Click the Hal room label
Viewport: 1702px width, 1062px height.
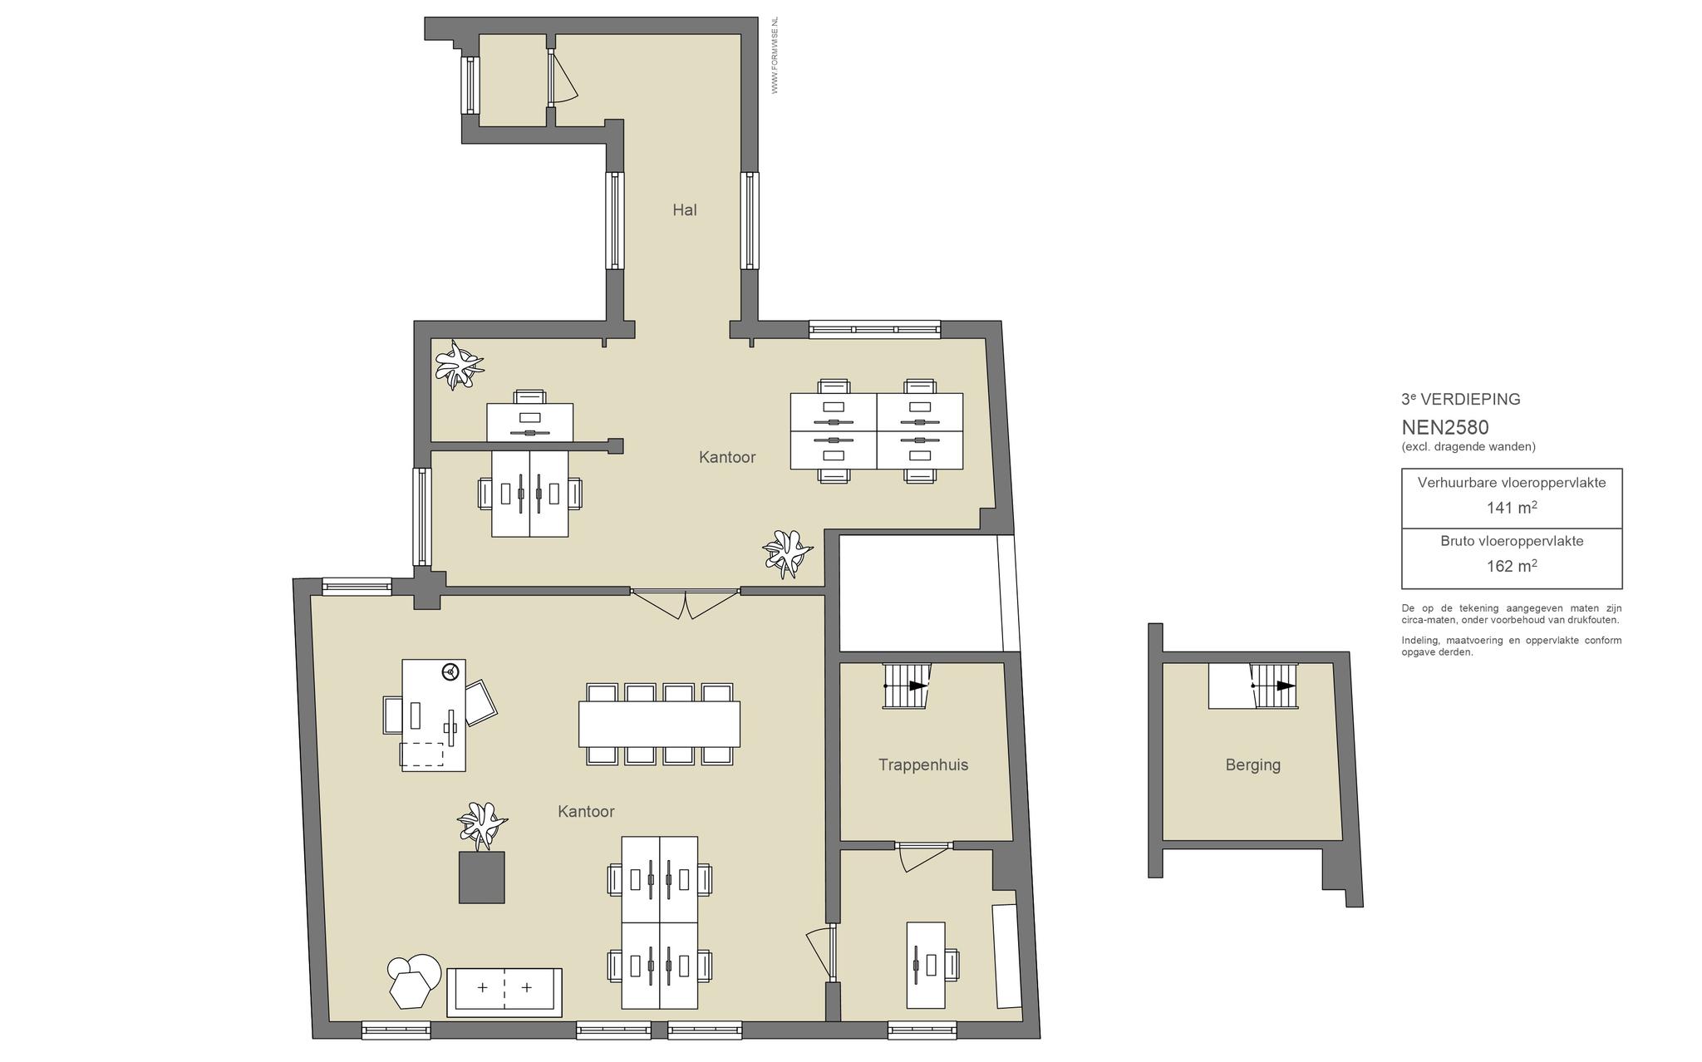685,210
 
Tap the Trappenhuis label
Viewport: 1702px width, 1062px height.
923,765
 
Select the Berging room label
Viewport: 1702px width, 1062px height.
1252,765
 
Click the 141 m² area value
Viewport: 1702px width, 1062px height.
1512,507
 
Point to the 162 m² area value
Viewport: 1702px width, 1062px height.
1512,565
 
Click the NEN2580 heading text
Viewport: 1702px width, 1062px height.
1445,427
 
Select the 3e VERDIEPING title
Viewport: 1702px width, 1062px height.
1461,399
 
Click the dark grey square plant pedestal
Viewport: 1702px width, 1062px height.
482,877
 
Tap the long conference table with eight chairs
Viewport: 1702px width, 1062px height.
659,724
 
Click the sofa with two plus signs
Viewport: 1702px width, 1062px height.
504,992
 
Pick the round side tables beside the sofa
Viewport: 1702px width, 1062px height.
414,981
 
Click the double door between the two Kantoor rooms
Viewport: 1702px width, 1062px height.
685,603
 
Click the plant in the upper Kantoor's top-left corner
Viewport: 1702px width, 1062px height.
458,364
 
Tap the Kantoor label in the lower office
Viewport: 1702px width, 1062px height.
586,812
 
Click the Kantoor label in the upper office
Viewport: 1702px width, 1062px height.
727,457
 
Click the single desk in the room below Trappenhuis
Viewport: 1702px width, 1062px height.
926,965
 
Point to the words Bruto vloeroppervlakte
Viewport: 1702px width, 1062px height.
1512,541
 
